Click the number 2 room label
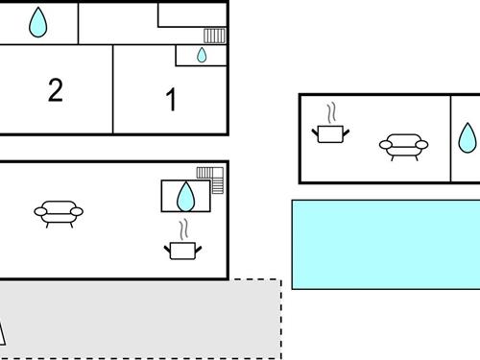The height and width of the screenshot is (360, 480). point(56,90)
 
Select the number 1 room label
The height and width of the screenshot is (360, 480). point(171,100)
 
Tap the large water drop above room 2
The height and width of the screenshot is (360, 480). point(37,23)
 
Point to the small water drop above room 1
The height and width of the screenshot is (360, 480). point(202,55)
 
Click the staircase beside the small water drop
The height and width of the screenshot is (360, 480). point(214,36)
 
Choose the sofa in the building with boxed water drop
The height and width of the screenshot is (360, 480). point(59,212)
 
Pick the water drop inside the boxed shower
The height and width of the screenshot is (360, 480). point(185,197)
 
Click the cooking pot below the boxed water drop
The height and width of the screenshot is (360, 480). point(182,251)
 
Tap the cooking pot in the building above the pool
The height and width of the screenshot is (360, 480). point(331,132)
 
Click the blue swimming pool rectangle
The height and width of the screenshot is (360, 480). point(384,244)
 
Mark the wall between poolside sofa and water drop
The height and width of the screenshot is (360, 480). point(450,137)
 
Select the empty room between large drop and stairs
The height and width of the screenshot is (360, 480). point(117,21)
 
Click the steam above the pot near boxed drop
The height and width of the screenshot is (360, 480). point(182,229)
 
